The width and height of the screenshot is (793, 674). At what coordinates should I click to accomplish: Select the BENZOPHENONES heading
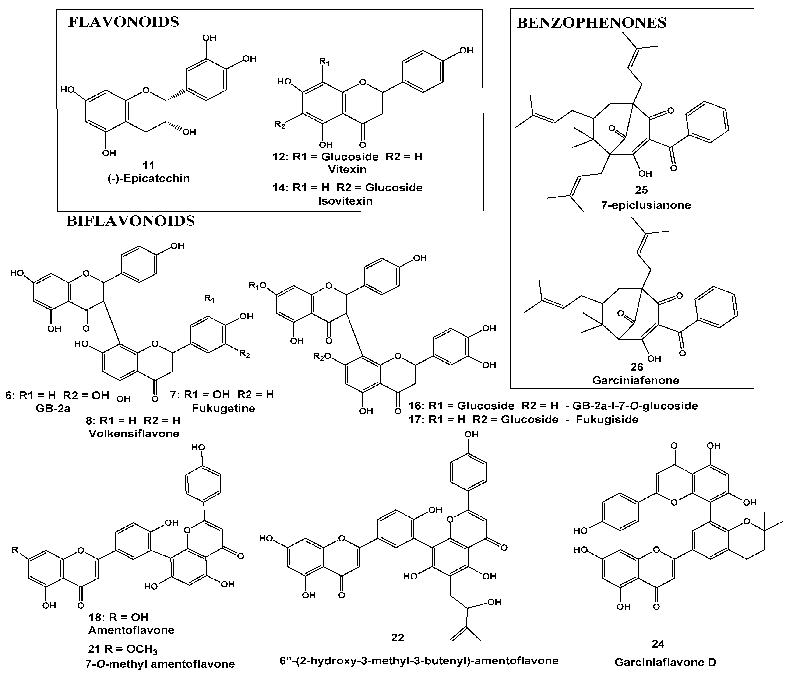click(x=592, y=23)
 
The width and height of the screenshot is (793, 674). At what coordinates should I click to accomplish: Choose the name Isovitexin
click(x=345, y=201)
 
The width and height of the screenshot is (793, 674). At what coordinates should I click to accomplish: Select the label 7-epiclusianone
click(x=646, y=205)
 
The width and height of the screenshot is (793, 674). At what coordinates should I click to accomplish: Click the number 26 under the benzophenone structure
click(x=637, y=367)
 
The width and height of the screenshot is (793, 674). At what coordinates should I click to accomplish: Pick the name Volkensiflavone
click(x=134, y=433)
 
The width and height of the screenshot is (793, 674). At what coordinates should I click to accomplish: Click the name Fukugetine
click(x=223, y=408)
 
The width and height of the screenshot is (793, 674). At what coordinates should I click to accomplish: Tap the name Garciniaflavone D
click(x=665, y=662)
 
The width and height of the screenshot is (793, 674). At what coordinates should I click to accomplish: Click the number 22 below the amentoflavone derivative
click(x=398, y=637)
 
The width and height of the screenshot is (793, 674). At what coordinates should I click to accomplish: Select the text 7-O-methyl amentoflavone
click(x=160, y=664)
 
